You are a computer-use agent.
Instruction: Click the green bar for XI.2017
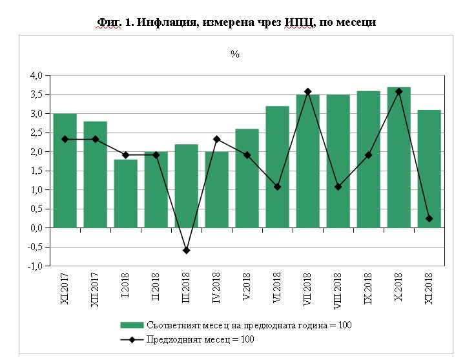click(65, 171)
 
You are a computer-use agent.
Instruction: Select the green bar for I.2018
click(125, 193)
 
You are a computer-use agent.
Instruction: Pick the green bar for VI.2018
click(277, 167)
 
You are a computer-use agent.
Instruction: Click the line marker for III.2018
click(186, 250)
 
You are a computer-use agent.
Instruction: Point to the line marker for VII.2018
click(307, 92)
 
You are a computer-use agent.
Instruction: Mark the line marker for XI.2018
click(429, 218)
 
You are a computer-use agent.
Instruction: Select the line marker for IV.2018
click(216, 139)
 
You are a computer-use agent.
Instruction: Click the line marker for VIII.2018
click(338, 187)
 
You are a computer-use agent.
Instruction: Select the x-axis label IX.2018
click(369, 290)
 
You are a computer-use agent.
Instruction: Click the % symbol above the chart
click(235, 54)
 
